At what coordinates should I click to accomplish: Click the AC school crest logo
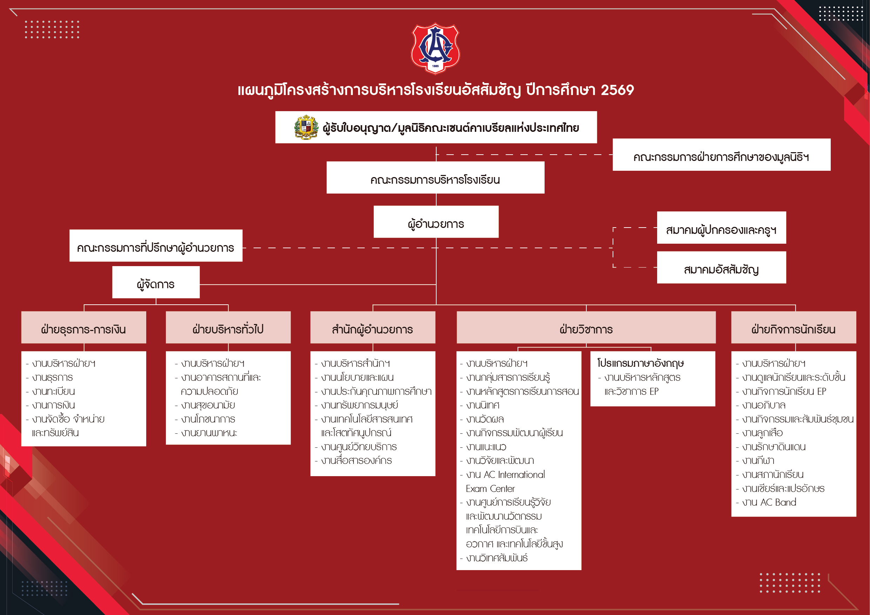[x=436, y=48]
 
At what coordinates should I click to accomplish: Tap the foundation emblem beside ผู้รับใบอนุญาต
[x=306, y=127]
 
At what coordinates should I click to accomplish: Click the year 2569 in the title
[x=617, y=90]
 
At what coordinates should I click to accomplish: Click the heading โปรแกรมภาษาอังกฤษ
[x=640, y=363]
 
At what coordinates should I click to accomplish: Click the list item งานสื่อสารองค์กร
[x=356, y=461]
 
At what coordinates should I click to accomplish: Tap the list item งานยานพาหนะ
[x=209, y=433]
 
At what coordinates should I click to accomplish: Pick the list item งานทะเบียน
[x=53, y=391]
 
